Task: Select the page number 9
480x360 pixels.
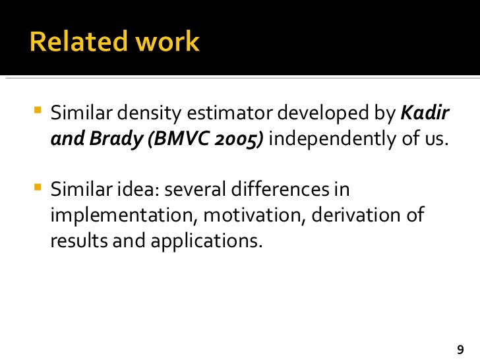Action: point(460,349)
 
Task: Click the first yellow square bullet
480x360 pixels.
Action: point(36,110)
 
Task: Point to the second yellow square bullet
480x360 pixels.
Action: point(36,188)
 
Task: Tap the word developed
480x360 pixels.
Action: point(324,113)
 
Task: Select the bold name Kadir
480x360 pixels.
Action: point(426,113)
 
